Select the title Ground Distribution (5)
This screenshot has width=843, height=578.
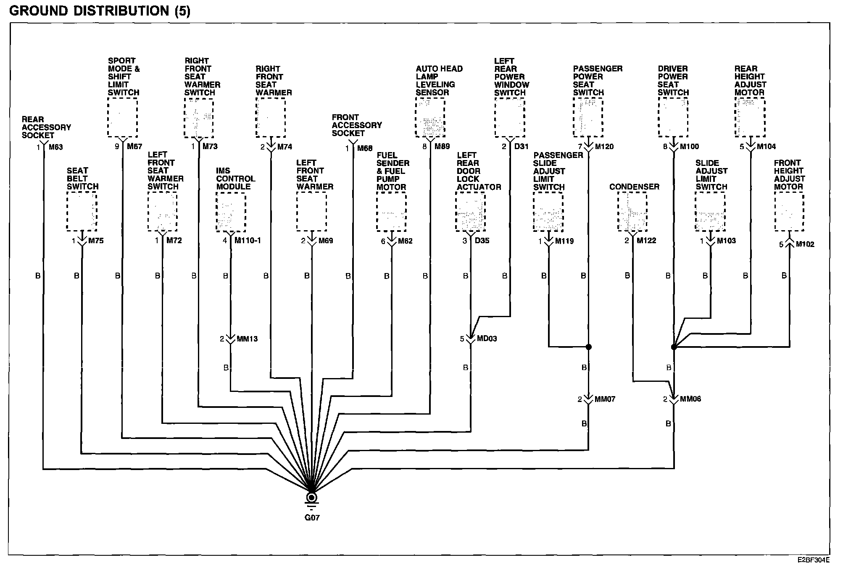(100, 11)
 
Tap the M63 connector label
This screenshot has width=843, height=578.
(55, 147)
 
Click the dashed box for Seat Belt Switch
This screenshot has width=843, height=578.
(82, 211)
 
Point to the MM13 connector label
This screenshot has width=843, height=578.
(247, 339)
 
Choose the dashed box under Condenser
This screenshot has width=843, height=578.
(632, 211)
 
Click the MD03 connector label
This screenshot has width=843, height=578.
(487, 339)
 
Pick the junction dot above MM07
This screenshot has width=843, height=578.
(589, 347)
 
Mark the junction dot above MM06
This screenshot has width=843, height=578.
(674, 347)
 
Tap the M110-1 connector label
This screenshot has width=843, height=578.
(248, 241)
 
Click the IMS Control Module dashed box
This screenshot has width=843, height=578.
(231, 212)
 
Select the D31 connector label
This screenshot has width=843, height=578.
(521, 147)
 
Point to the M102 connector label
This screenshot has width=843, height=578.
(805, 244)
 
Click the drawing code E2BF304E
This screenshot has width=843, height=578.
(813, 560)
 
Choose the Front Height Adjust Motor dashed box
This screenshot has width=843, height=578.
(789, 211)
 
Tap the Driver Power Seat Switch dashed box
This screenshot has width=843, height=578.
(673, 117)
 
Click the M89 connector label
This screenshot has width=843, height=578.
(442, 147)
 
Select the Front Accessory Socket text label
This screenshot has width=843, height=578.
(356, 125)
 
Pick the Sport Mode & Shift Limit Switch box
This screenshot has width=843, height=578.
(122, 117)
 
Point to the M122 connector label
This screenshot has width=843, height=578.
(646, 241)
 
